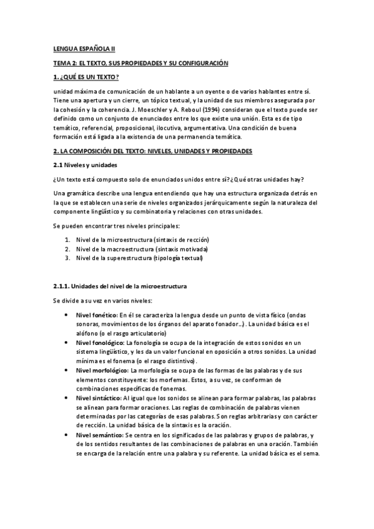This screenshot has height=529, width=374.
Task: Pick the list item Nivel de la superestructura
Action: tap(139, 258)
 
